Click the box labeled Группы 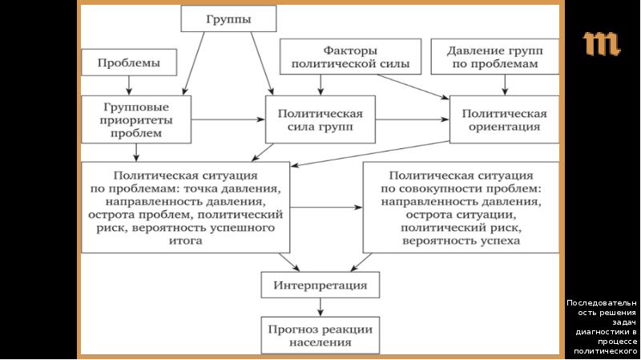coord(228,18)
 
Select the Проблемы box coord(128,63)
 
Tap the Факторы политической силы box coord(345,57)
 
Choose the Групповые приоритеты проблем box coord(137,119)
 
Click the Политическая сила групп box coord(320,119)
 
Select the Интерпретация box coord(320,285)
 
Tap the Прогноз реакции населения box coord(320,335)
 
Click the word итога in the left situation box coord(185,241)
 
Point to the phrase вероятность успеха coord(462,241)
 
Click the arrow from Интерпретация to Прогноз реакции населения coord(320,306)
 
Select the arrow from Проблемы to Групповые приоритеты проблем coord(128,85)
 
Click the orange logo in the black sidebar coord(601,44)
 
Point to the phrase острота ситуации coord(460,216)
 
